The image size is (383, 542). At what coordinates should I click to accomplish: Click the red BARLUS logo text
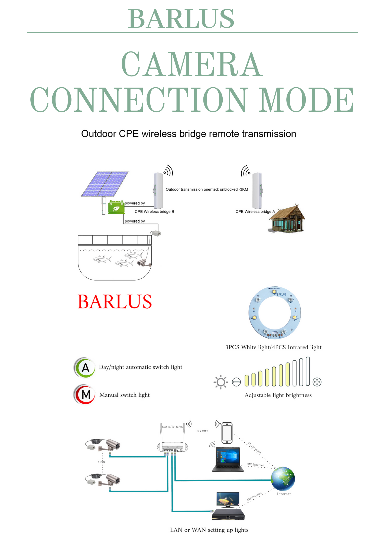[x=115, y=302]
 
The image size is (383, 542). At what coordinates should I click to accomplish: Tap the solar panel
[x=105, y=184]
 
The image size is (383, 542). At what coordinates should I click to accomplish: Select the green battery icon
[x=116, y=207]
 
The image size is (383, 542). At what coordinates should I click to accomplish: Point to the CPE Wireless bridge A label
[x=255, y=212]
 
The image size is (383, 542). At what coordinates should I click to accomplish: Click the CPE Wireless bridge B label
[x=154, y=212]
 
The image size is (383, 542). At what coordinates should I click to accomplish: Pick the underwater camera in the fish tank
[x=143, y=262]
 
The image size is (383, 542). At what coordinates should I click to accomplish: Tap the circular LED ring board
[x=275, y=313]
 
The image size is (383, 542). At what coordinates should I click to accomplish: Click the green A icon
[x=85, y=368]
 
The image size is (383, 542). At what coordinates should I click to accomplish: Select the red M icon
[x=85, y=395]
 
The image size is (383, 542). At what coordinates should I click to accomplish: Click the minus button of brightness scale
[x=236, y=382]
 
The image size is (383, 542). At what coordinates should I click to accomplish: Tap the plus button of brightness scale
[x=317, y=382]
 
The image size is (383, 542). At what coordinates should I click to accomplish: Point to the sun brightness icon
[x=221, y=382]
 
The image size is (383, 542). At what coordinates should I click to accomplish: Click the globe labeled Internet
[x=283, y=479]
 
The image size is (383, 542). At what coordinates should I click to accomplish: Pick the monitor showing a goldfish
[x=228, y=499]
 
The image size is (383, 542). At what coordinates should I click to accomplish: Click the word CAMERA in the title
[x=192, y=64]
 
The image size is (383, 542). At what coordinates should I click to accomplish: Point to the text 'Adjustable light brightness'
[x=278, y=395]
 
